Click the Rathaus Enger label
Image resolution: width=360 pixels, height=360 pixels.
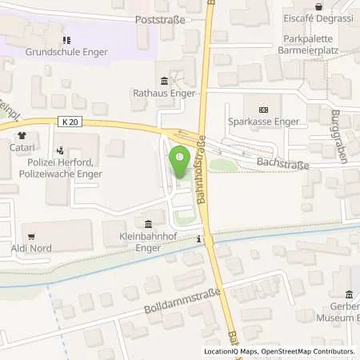pyautogui.click(x=164, y=92)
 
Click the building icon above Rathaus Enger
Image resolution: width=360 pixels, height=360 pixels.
pyautogui.click(x=165, y=80)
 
